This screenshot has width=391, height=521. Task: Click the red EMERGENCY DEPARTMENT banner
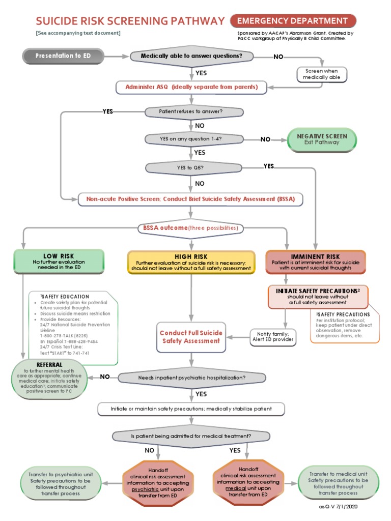[293, 21]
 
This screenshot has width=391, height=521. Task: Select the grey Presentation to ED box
[63, 56]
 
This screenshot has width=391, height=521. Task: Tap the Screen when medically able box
[322, 74]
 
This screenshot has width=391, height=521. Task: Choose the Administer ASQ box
[191, 88]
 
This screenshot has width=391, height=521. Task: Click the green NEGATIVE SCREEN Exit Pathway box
[322, 139]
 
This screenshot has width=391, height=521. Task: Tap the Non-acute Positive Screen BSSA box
[190, 199]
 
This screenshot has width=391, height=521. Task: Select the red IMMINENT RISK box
[316, 262]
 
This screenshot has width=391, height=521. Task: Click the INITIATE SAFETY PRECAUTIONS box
[318, 296]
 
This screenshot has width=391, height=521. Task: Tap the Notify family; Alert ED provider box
[273, 336]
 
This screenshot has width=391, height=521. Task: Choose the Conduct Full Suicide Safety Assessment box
[191, 337]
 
